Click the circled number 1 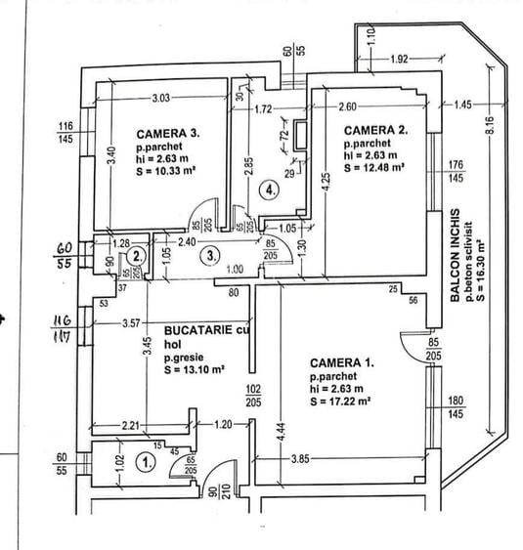click(146, 463)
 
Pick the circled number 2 click(138, 256)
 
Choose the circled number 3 click(207, 256)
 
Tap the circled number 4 click(271, 191)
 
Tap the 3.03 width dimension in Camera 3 click(162, 97)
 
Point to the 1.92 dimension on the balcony click(399, 60)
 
